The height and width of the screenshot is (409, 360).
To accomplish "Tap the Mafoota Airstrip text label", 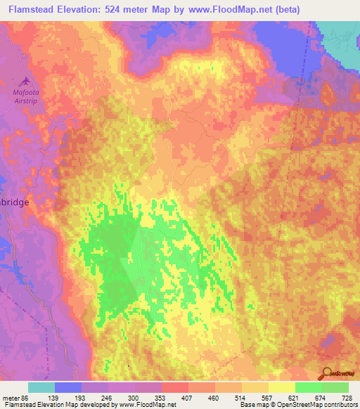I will coord(27,96).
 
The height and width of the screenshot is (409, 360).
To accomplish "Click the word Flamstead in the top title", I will coord(29,10).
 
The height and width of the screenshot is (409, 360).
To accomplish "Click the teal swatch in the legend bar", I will coord(41,387).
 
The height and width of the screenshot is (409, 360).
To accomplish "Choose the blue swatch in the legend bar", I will coord(68,387).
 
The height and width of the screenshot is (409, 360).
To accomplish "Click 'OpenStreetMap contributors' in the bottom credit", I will coord(317,405).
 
